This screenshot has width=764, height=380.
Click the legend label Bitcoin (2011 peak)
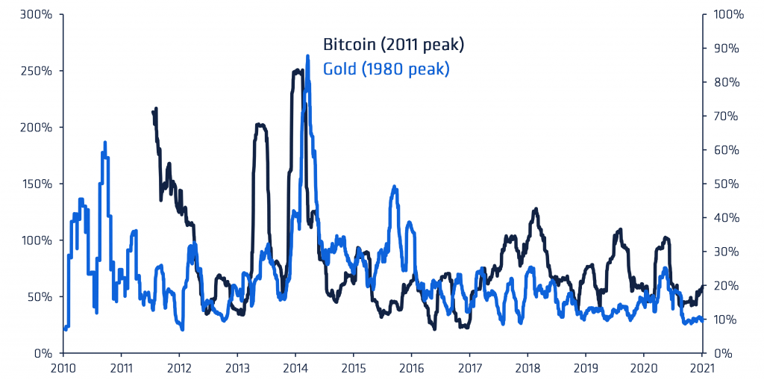click(x=393, y=46)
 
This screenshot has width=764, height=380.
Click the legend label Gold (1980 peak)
click(x=386, y=69)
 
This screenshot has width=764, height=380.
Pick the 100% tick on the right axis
click(x=728, y=14)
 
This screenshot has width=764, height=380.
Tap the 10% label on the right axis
click(x=730, y=320)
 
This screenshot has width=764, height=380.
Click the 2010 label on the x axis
click(x=63, y=367)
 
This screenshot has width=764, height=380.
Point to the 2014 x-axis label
click(x=295, y=367)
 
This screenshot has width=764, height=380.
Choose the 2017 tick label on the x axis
click(x=469, y=367)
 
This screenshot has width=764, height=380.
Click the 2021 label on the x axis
click(x=701, y=367)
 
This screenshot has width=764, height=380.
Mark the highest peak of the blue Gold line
click(x=308, y=56)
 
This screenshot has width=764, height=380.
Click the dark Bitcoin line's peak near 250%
click(x=297, y=71)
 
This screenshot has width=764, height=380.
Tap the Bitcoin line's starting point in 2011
click(x=152, y=112)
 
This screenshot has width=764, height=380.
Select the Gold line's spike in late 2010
click(x=105, y=142)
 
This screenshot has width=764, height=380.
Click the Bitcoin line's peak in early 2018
click(x=535, y=210)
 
